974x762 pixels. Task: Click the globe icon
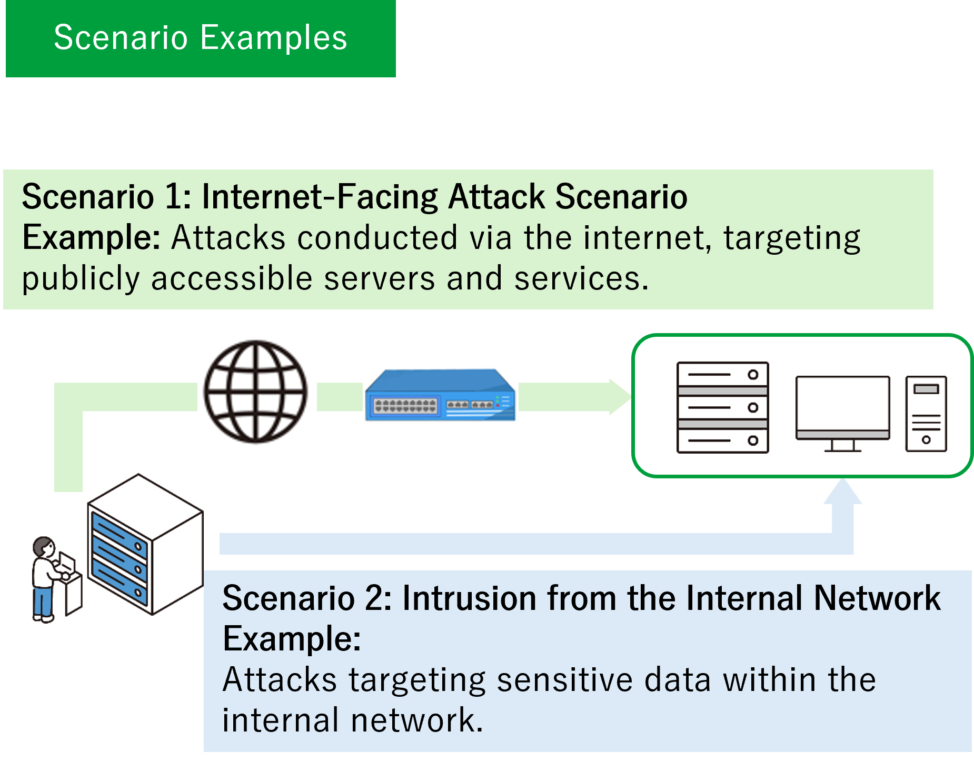coord(256,391)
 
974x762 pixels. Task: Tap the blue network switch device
coord(440,395)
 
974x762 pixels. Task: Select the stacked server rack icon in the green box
coord(722,407)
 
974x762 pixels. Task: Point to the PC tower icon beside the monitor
coord(926,414)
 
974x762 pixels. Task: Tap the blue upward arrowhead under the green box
coord(842,492)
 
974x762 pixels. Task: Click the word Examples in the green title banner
coord(274,38)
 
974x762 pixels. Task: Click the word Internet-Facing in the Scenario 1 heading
coord(320,197)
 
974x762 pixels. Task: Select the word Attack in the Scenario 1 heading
coord(496,197)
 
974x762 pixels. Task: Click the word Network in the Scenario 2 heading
coord(877,598)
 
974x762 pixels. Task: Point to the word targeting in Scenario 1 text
coord(792,237)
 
